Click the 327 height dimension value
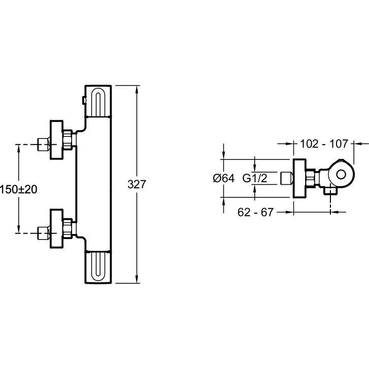pos(137,185)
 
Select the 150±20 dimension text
pos(19,189)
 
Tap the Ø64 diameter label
pos(223,178)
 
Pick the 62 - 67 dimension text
pos(256,212)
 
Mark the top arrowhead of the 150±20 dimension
pos(19,148)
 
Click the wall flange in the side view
pos(299,178)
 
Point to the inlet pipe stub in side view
pos(286,178)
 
